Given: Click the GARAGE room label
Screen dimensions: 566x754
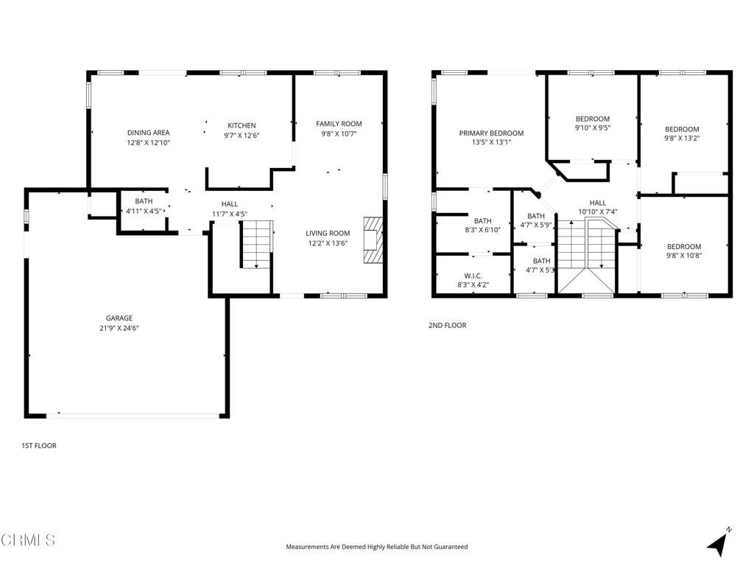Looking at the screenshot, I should [x=119, y=318].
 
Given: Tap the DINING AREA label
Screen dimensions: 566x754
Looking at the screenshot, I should [x=148, y=133].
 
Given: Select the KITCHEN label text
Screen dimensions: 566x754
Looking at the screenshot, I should [x=242, y=125].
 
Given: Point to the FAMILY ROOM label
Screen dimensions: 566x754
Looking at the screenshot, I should [x=339, y=123].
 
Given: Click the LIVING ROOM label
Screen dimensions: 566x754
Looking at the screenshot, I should [x=328, y=233].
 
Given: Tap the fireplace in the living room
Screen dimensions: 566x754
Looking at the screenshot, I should [x=373, y=240].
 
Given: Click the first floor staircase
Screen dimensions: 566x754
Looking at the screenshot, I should [x=256, y=245].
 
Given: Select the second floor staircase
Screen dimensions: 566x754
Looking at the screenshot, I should [x=585, y=254].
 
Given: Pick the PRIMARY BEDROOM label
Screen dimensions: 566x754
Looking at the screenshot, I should [x=491, y=133].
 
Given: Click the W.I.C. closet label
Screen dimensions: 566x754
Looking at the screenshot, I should [x=473, y=276].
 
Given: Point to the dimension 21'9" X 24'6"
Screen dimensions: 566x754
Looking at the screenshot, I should [x=119, y=328].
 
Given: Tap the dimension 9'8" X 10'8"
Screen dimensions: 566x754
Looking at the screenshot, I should [x=684, y=256].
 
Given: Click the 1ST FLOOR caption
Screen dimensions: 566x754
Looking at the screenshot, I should [x=38, y=446].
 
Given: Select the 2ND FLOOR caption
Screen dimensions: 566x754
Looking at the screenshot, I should [x=448, y=325].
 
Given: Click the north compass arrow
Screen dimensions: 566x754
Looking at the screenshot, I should [x=718, y=543].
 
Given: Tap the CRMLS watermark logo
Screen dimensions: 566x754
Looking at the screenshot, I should [x=28, y=540].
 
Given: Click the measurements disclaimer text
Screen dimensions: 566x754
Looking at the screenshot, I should [x=376, y=547].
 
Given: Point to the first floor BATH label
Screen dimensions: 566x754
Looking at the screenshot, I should [x=144, y=201].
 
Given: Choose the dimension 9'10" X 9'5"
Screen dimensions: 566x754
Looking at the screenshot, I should [x=592, y=127].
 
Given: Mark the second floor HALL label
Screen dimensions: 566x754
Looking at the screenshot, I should [x=597, y=203].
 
